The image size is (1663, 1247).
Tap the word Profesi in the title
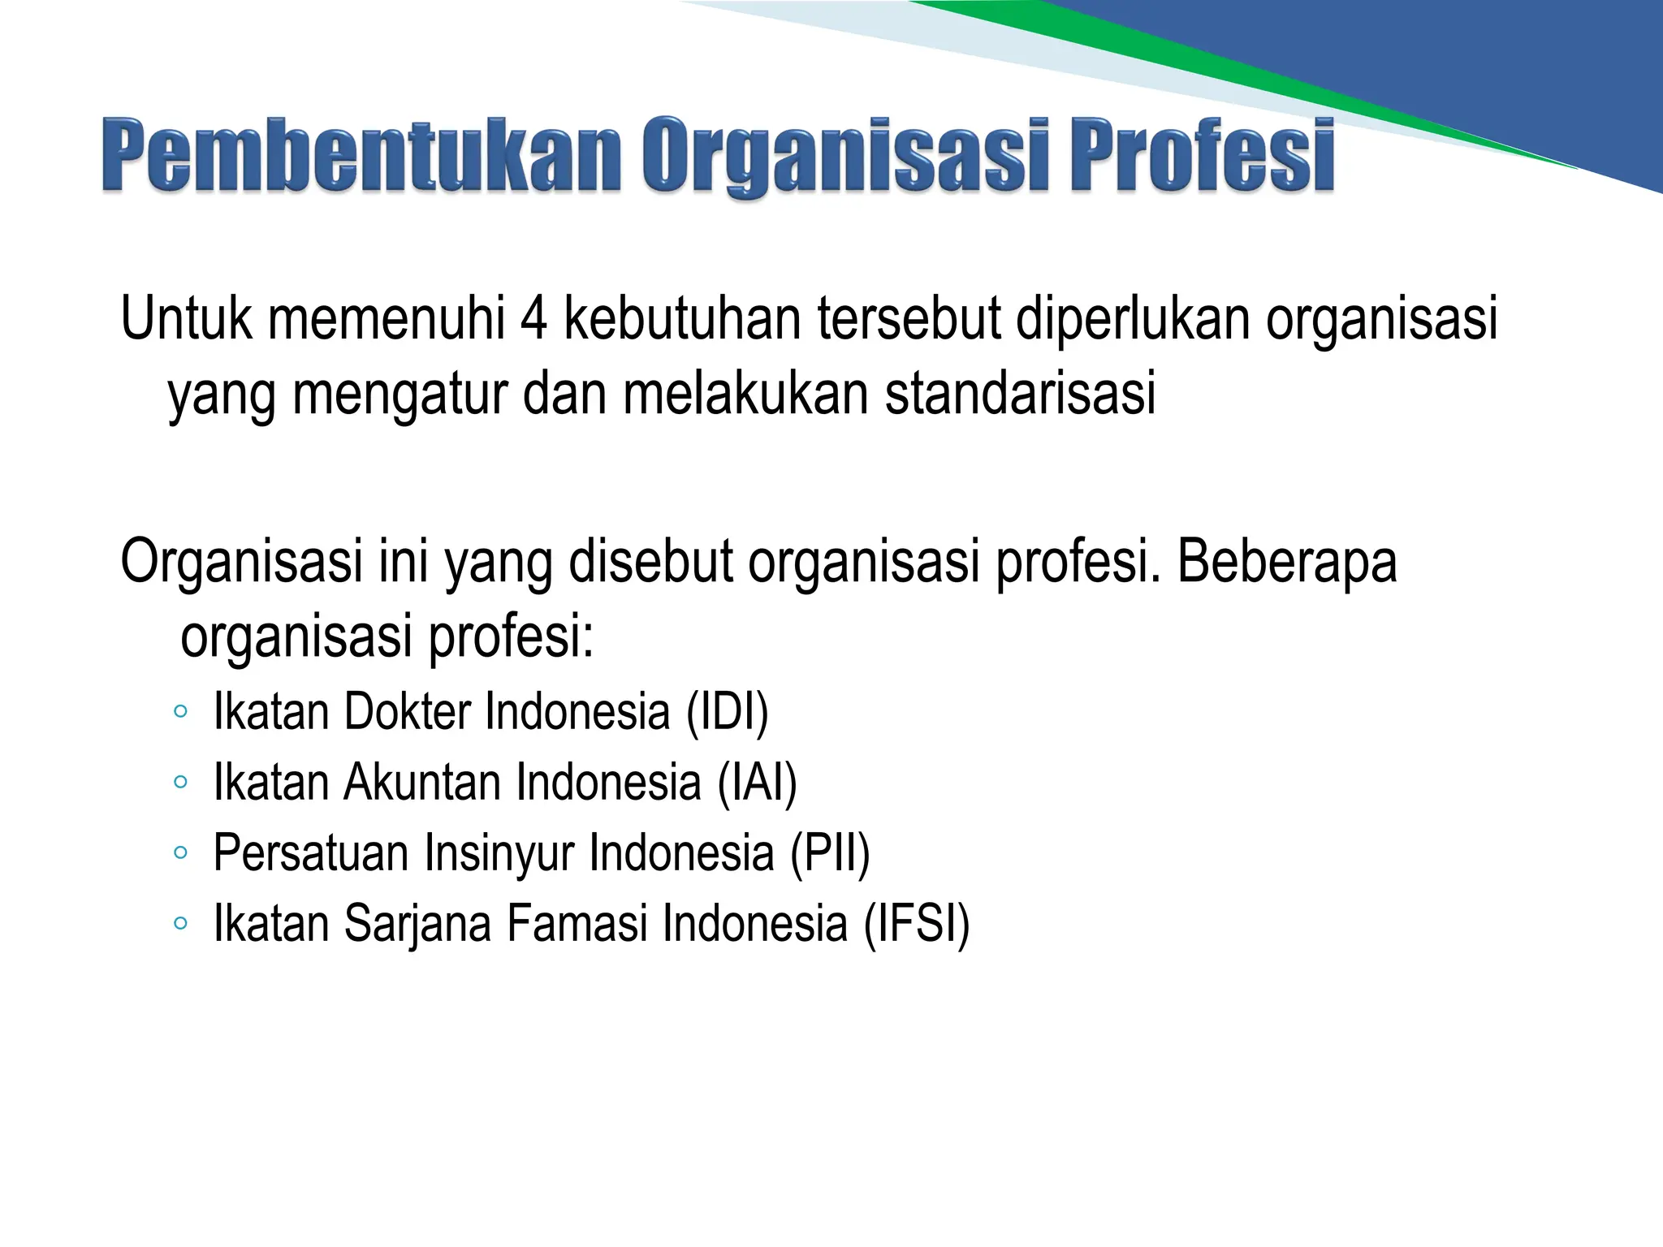[1201, 156]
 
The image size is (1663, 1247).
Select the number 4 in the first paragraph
[533, 319]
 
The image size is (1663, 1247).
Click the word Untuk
[186, 319]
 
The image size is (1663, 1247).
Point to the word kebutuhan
[682, 319]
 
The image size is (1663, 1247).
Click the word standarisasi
[1020, 394]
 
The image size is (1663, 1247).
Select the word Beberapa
[1286, 562]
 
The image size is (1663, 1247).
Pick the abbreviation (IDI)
[727, 712]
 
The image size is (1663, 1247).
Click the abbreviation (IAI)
[757, 783]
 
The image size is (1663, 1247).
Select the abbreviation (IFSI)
[916, 924]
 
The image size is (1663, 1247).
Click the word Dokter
[407, 712]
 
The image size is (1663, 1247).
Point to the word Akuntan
[422, 783]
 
